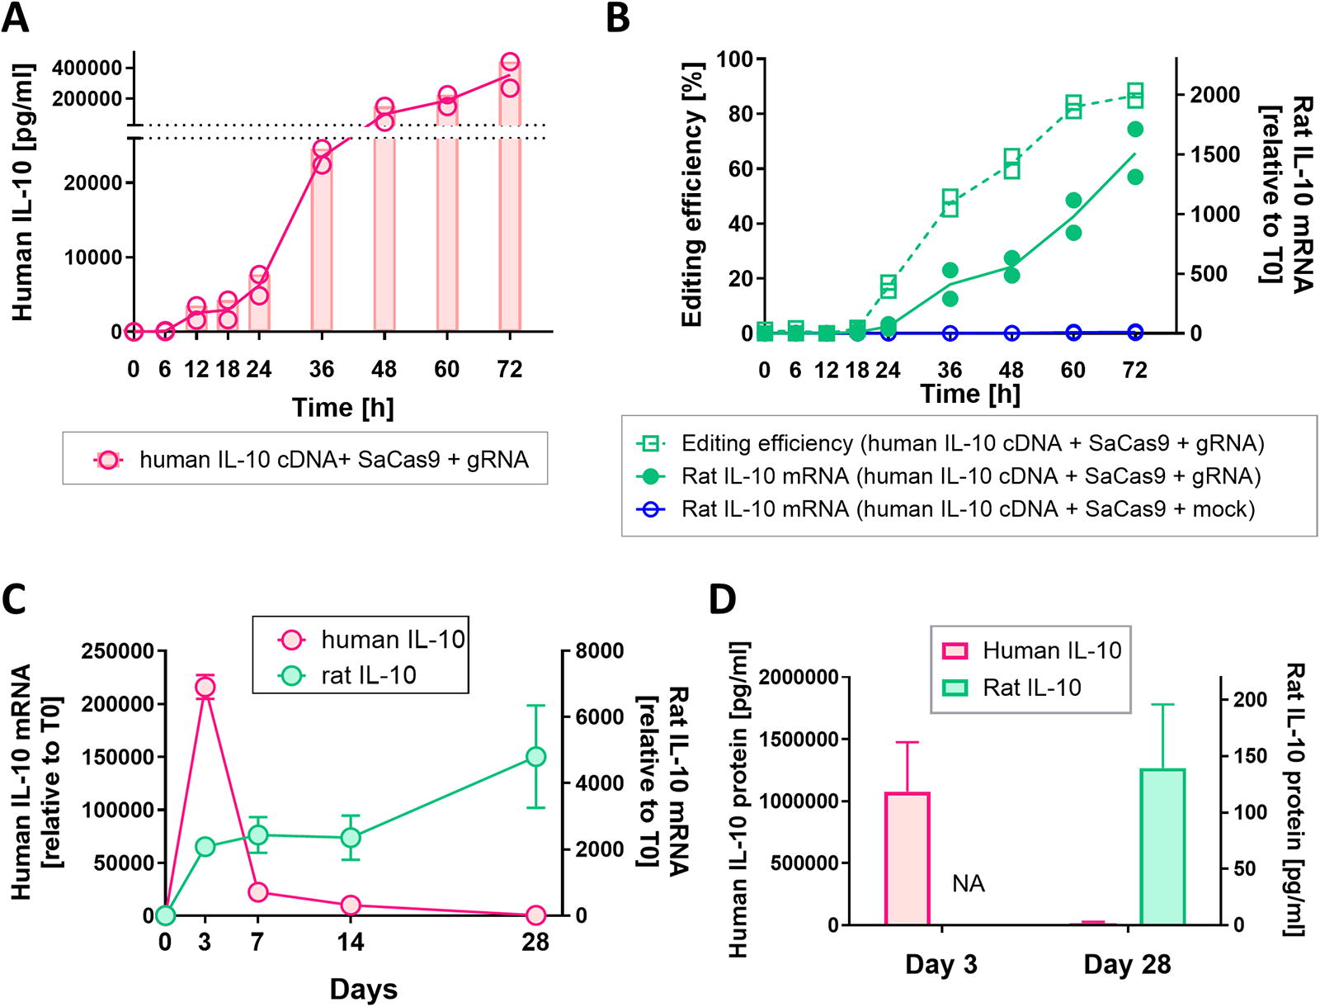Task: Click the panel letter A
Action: [x=15, y=18]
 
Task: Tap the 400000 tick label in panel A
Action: [x=87, y=68]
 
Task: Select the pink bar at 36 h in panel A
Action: [x=322, y=239]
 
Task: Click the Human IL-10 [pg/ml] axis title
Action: [x=22, y=191]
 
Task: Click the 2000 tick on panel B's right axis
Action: [x=1215, y=95]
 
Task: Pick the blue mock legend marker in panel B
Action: [x=651, y=509]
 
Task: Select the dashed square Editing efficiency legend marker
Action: [x=651, y=444]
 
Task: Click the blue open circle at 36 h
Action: [x=950, y=333]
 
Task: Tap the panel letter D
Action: [x=724, y=600]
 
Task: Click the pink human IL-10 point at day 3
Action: [x=205, y=687]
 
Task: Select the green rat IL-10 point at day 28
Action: [x=535, y=757]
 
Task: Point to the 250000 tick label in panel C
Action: [x=117, y=651]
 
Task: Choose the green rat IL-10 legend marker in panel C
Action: [x=292, y=675]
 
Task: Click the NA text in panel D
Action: [x=969, y=884]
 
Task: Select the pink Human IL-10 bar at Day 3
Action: [x=907, y=858]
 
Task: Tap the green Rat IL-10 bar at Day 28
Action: [x=1162, y=846]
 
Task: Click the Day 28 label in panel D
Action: [x=1127, y=965]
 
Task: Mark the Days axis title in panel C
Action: [x=364, y=990]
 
